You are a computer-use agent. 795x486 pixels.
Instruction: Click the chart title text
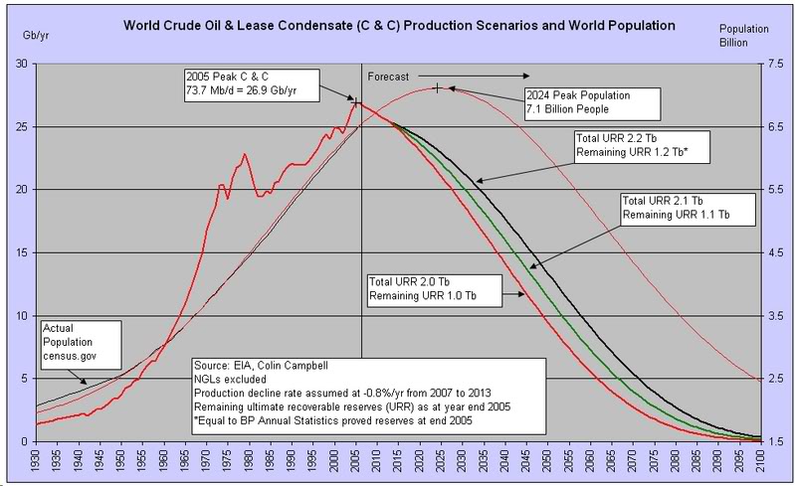(398, 23)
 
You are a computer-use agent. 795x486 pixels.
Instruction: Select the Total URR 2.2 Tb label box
(637, 145)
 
